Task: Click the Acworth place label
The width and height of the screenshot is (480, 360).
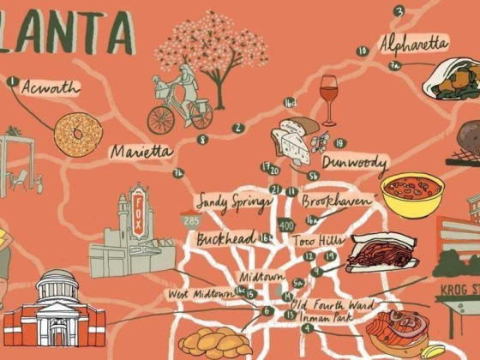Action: pyautogui.click(x=50, y=87)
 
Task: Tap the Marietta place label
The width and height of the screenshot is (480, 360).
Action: pyautogui.click(x=141, y=151)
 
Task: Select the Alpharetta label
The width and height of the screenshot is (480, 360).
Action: pyautogui.click(x=414, y=42)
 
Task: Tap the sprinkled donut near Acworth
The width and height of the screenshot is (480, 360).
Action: pyautogui.click(x=78, y=133)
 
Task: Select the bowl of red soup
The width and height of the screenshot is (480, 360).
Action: pyautogui.click(x=412, y=194)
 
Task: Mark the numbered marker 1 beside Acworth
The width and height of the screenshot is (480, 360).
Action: pyautogui.click(x=12, y=82)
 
